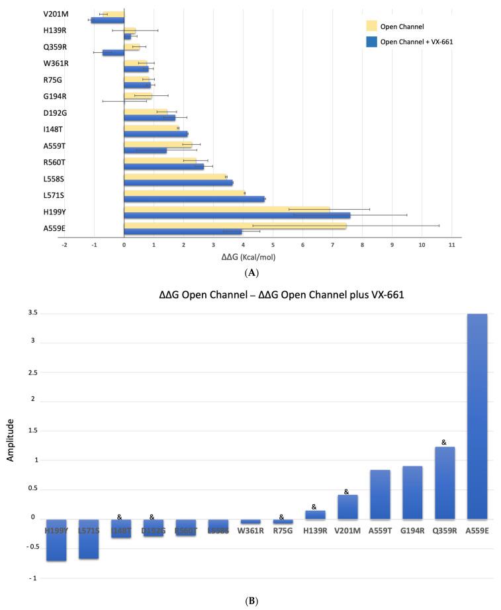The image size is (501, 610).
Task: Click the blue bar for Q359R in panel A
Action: point(113,52)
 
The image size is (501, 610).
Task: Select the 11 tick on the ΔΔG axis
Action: point(451,244)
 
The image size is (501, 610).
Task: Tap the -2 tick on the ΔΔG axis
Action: point(64,244)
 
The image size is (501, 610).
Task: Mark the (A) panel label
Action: point(251,272)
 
